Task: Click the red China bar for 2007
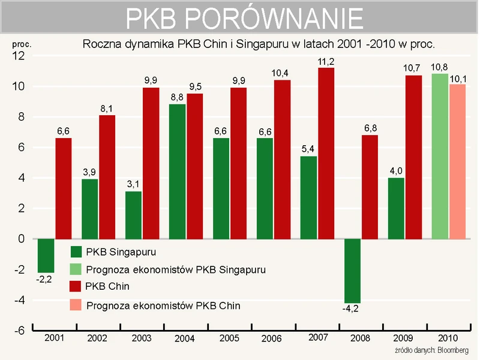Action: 326,153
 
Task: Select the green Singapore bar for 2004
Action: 177,172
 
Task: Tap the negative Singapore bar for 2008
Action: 353,271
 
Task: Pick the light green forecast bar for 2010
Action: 440,156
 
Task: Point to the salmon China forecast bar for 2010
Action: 457,161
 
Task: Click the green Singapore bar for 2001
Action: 46,255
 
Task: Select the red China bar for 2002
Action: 107,177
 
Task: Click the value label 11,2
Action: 326,61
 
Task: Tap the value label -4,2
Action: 351,310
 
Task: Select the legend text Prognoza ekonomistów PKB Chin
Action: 163,306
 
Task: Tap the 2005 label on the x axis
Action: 229,338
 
